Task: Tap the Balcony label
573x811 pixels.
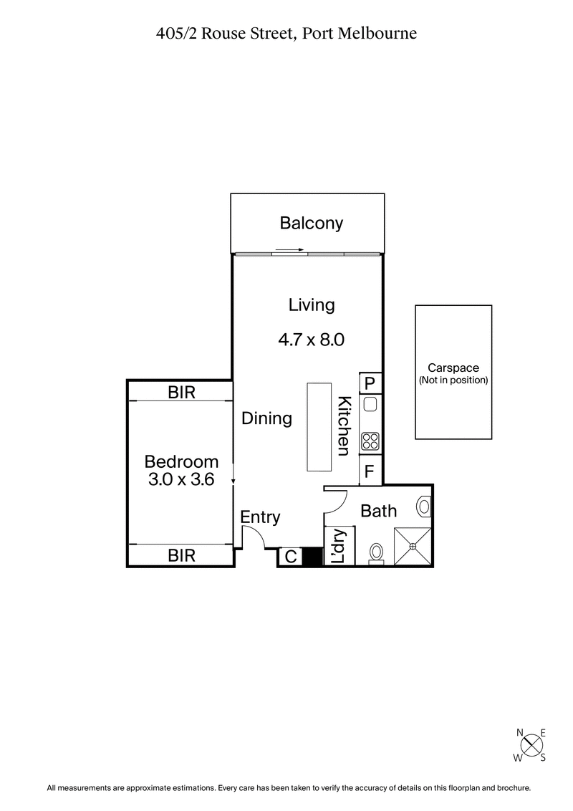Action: [311, 223]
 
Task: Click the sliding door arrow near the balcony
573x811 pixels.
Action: [289, 251]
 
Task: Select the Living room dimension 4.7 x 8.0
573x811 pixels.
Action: [312, 340]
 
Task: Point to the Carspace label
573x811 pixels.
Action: [453, 368]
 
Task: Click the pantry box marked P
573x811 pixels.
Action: [370, 383]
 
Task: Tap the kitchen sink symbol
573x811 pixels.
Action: [370, 405]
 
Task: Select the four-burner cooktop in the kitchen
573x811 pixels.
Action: [370, 441]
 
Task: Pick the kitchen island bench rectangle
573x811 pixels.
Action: [319, 427]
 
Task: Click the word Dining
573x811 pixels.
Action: [266, 418]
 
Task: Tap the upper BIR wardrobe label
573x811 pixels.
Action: [181, 392]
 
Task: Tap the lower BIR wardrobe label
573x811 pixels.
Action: [181, 555]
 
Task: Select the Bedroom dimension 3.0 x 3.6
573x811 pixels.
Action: [181, 471]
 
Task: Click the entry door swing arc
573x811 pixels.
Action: [252, 536]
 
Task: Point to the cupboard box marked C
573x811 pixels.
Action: [290, 557]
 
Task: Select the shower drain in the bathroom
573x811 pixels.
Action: [413, 547]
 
